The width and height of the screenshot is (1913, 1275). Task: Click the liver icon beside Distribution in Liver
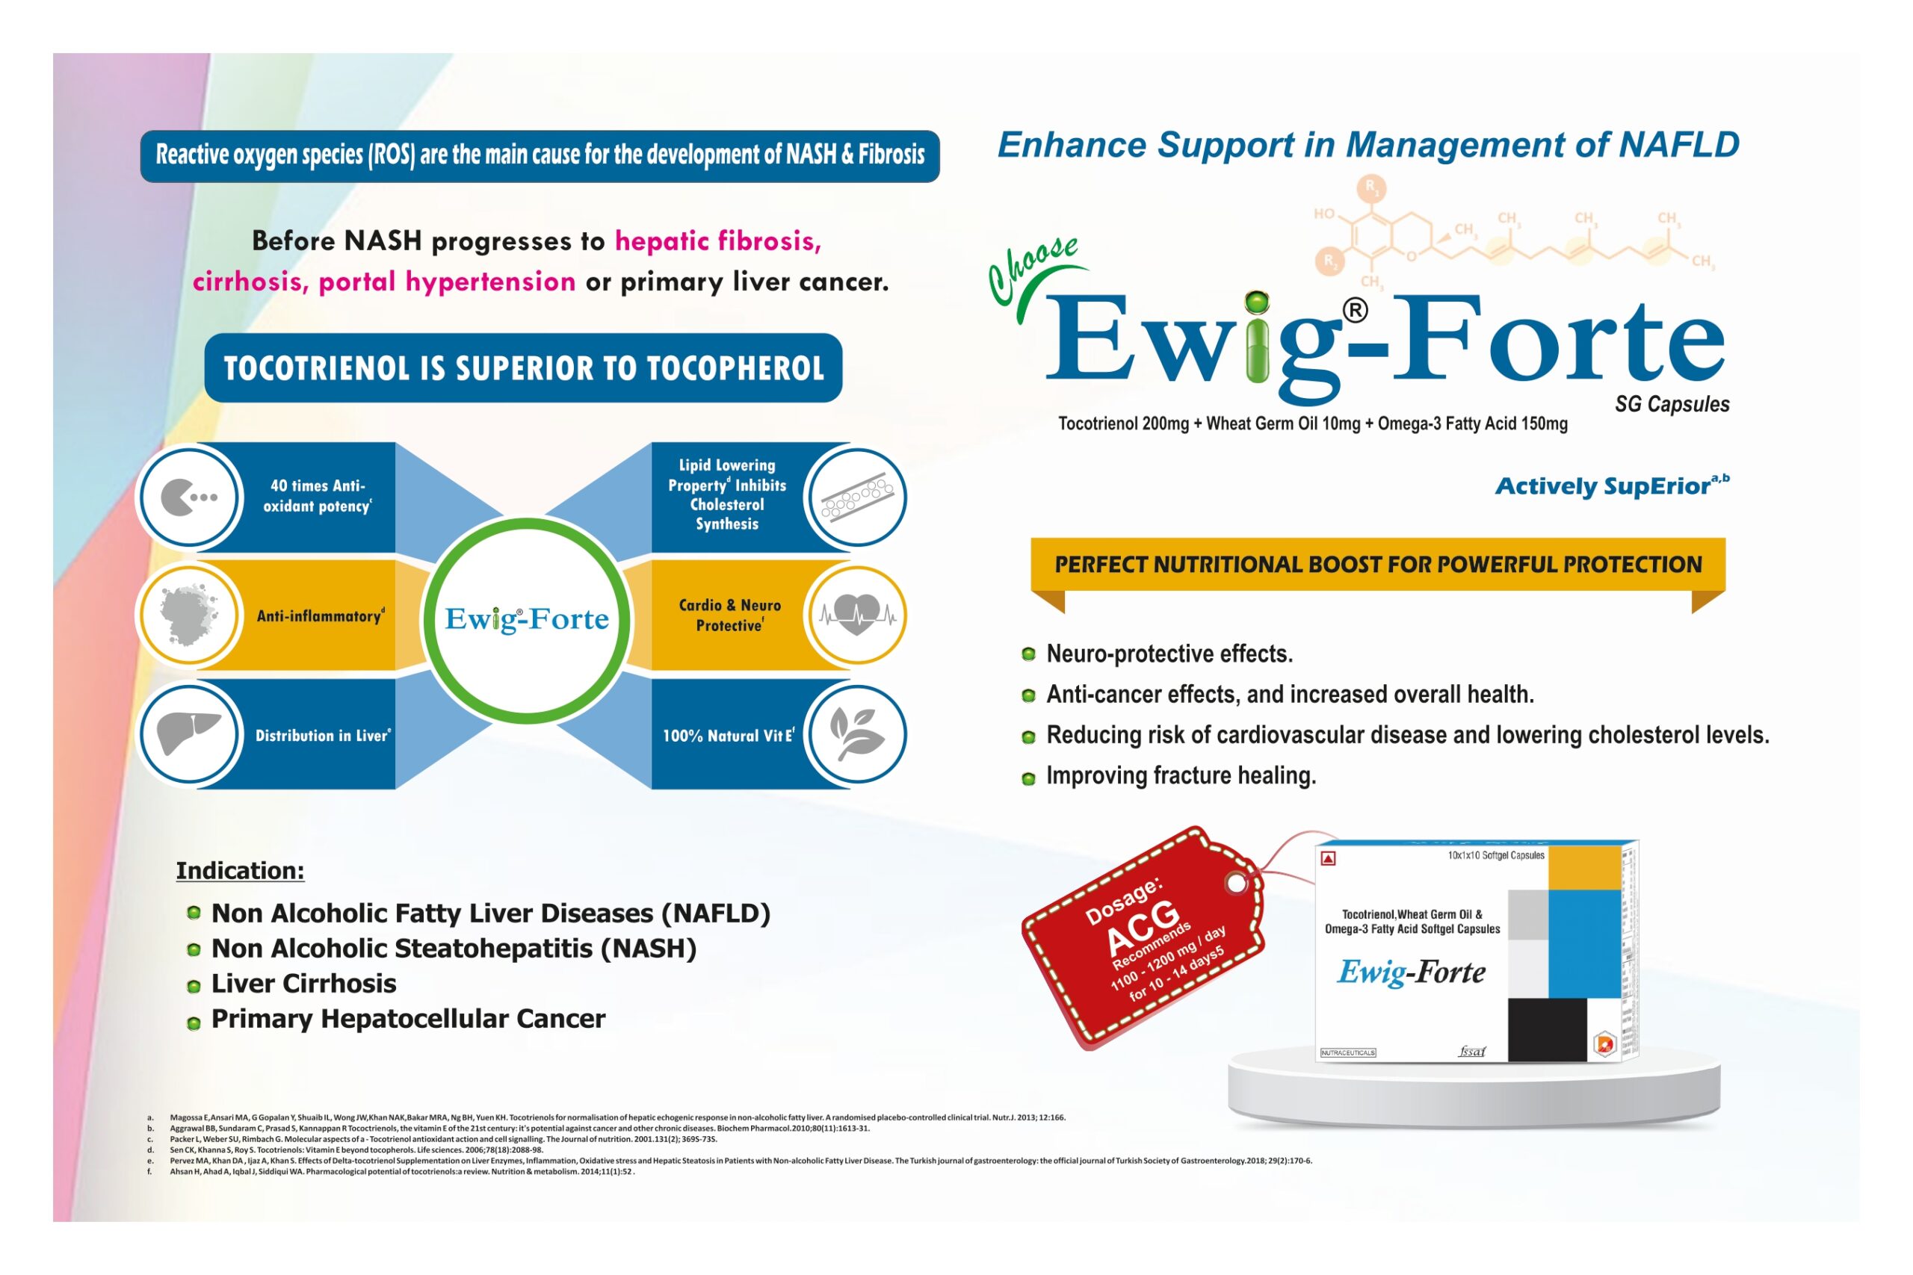(189, 733)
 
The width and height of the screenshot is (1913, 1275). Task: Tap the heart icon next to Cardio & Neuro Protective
(857, 615)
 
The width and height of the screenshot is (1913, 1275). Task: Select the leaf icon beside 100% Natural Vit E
(857, 733)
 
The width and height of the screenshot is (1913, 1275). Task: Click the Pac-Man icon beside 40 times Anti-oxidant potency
(189, 497)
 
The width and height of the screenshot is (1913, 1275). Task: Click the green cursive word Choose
(1032, 268)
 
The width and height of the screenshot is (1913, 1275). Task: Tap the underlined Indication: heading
(240, 871)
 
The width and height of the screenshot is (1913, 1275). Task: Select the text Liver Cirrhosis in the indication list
(303, 984)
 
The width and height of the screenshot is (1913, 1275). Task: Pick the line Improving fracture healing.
(1180, 776)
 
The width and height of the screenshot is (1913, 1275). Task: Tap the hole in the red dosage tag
(1236, 883)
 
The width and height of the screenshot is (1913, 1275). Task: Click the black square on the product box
(1547, 1029)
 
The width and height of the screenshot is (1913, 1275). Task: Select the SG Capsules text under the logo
(1672, 404)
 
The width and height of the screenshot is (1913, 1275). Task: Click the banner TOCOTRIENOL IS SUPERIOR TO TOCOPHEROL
(523, 368)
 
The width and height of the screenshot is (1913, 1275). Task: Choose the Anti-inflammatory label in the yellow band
(320, 616)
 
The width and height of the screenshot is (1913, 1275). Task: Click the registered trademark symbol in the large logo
(1354, 310)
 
